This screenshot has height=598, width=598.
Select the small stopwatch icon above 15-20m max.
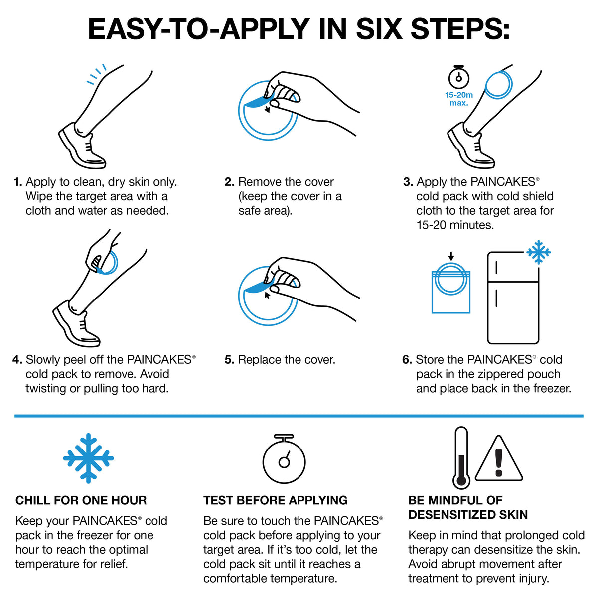pyautogui.click(x=458, y=77)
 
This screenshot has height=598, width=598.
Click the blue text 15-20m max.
pyautogui.click(x=459, y=99)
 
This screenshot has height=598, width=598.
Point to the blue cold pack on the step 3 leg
pyautogui.click(x=498, y=84)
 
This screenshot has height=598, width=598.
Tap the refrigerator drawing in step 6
pyautogui.click(x=513, y=298)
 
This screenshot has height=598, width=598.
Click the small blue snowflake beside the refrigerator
pyautogui.click(x=538, y=252)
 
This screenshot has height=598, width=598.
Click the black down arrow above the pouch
pyautogui.click(x=451, y=256)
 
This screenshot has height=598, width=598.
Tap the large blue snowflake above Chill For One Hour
pyautogui.click(x=88, y=457)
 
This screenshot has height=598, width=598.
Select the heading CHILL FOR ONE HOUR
pyautogui.click(x=81, y=500)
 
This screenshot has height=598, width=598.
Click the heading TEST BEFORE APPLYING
pyautogui.click(x=276, y=500)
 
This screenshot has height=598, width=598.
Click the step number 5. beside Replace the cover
pyautogui.click(x=229, y=360)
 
